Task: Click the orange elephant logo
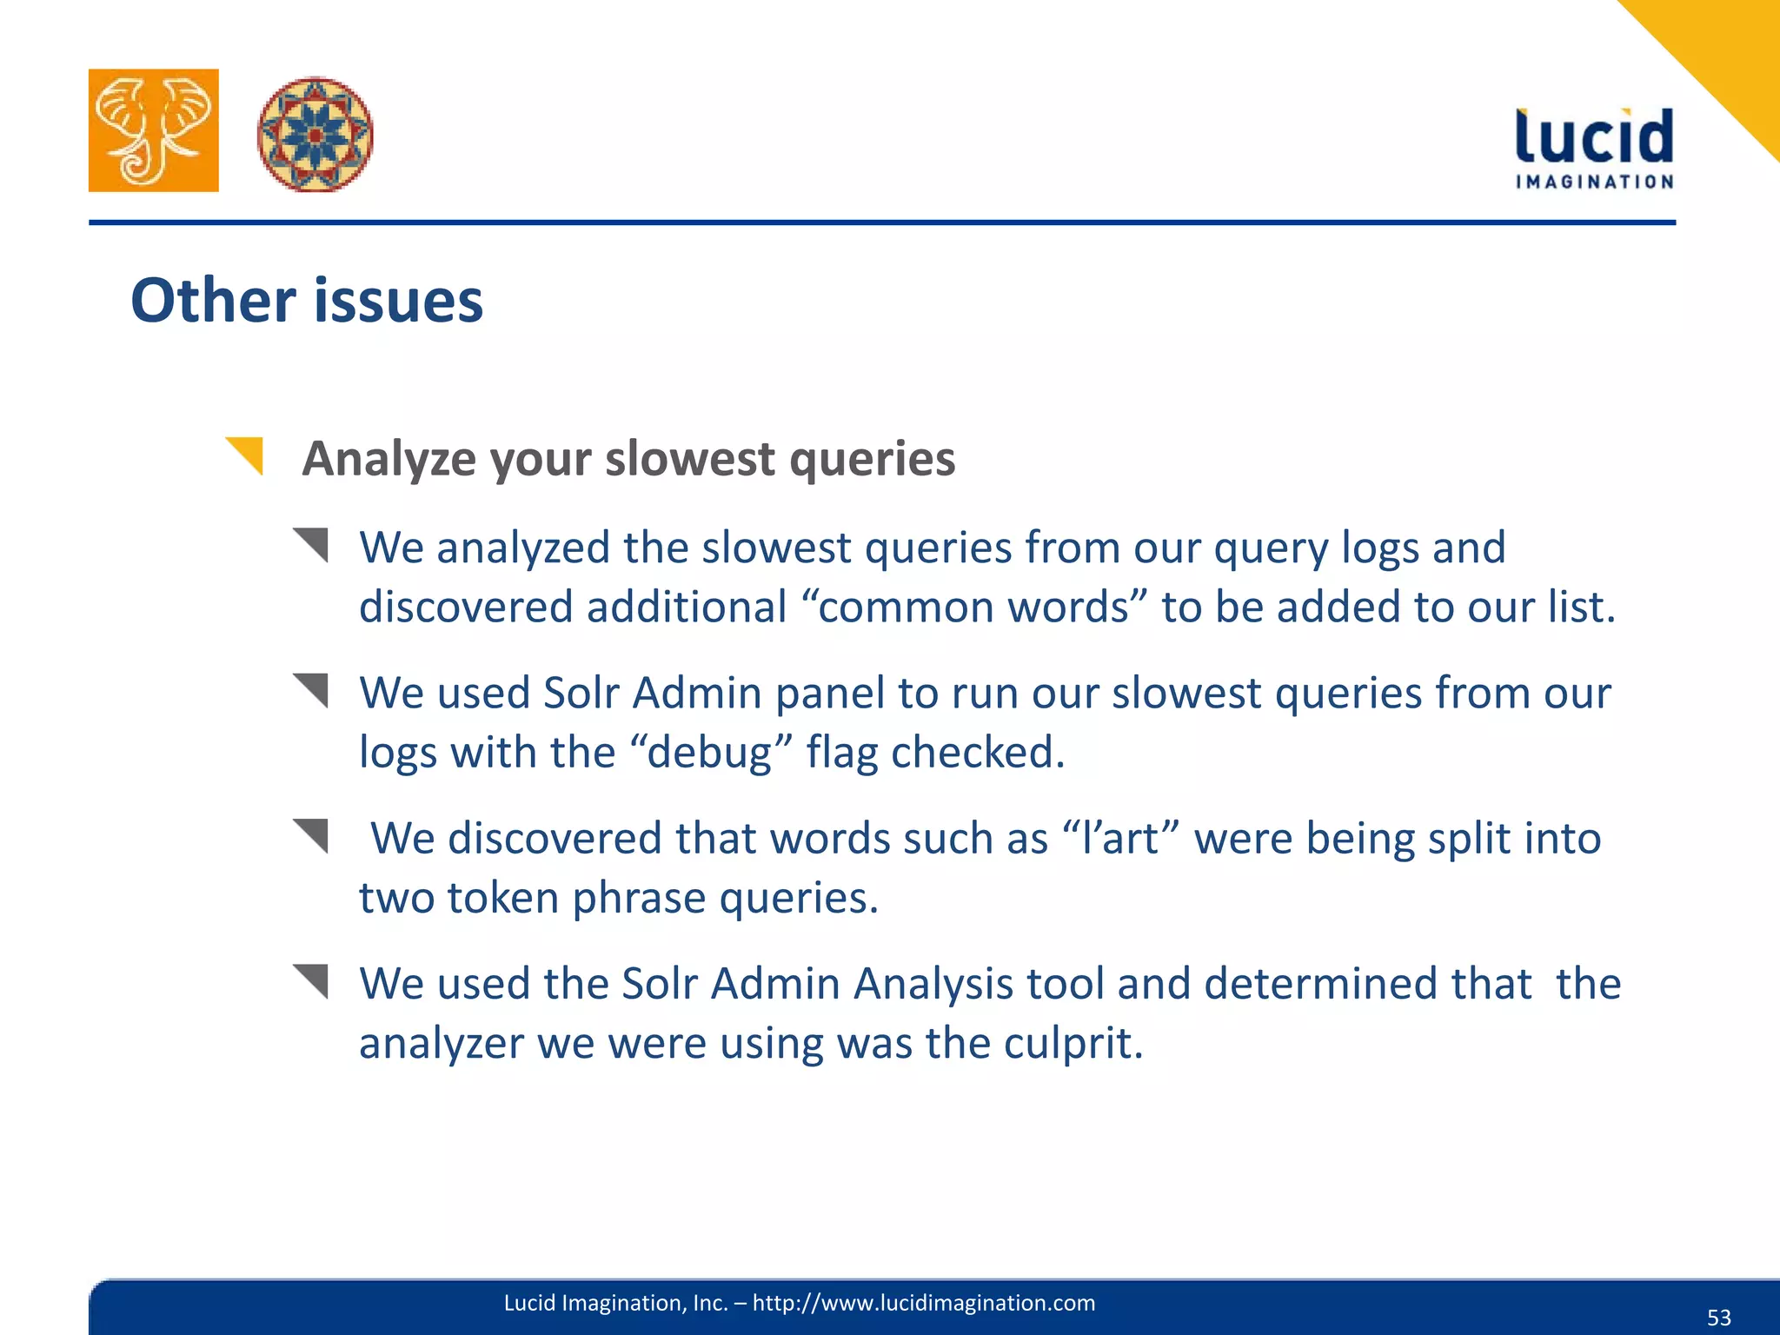pyautogui.click(x=153, y=130)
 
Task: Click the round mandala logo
pyautogui.click(x=315, y=134)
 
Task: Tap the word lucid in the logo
pyautogui.click(x=1594, y=137)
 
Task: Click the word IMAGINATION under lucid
pyautogui.click(x=1594, y=182)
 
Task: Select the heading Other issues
pyautogui.click(x=307, y=301)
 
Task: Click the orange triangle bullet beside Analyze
pyautogui.click(x=245, y=455)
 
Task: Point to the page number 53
pyautogui.click(x=1718, y=1318)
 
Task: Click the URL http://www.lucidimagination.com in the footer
pyautogui.click(x=923, y=1303)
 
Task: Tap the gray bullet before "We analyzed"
pyautogui.click(x=311, y=545)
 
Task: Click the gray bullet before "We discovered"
pyautogui.click(x=311, y=836)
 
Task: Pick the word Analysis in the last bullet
pyautogui.click(x=933, y=984)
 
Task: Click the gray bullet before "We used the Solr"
pyautogui.click(x=311, y=981)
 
